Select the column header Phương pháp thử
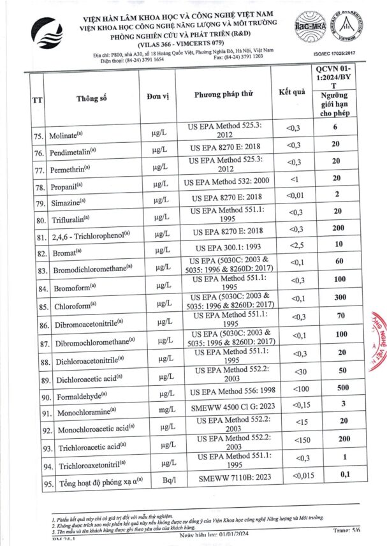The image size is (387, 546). coord(223,94)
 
